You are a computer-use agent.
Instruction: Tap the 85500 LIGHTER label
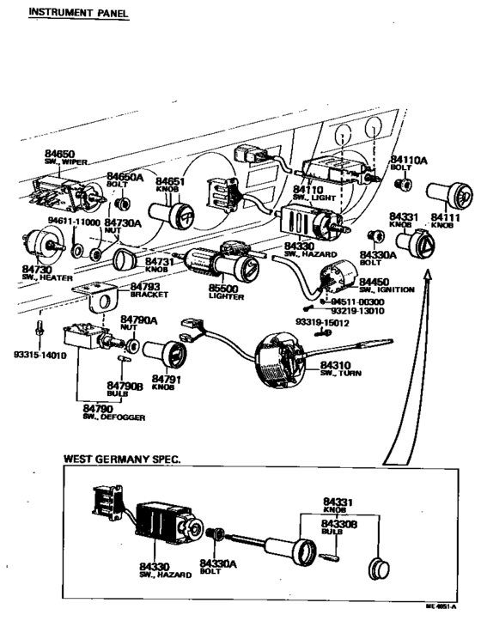coord(227,292)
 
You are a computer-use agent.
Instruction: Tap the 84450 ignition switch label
coord(381,283)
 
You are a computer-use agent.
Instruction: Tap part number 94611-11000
coord(74,222)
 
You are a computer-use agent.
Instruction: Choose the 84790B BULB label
coord(124,388)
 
